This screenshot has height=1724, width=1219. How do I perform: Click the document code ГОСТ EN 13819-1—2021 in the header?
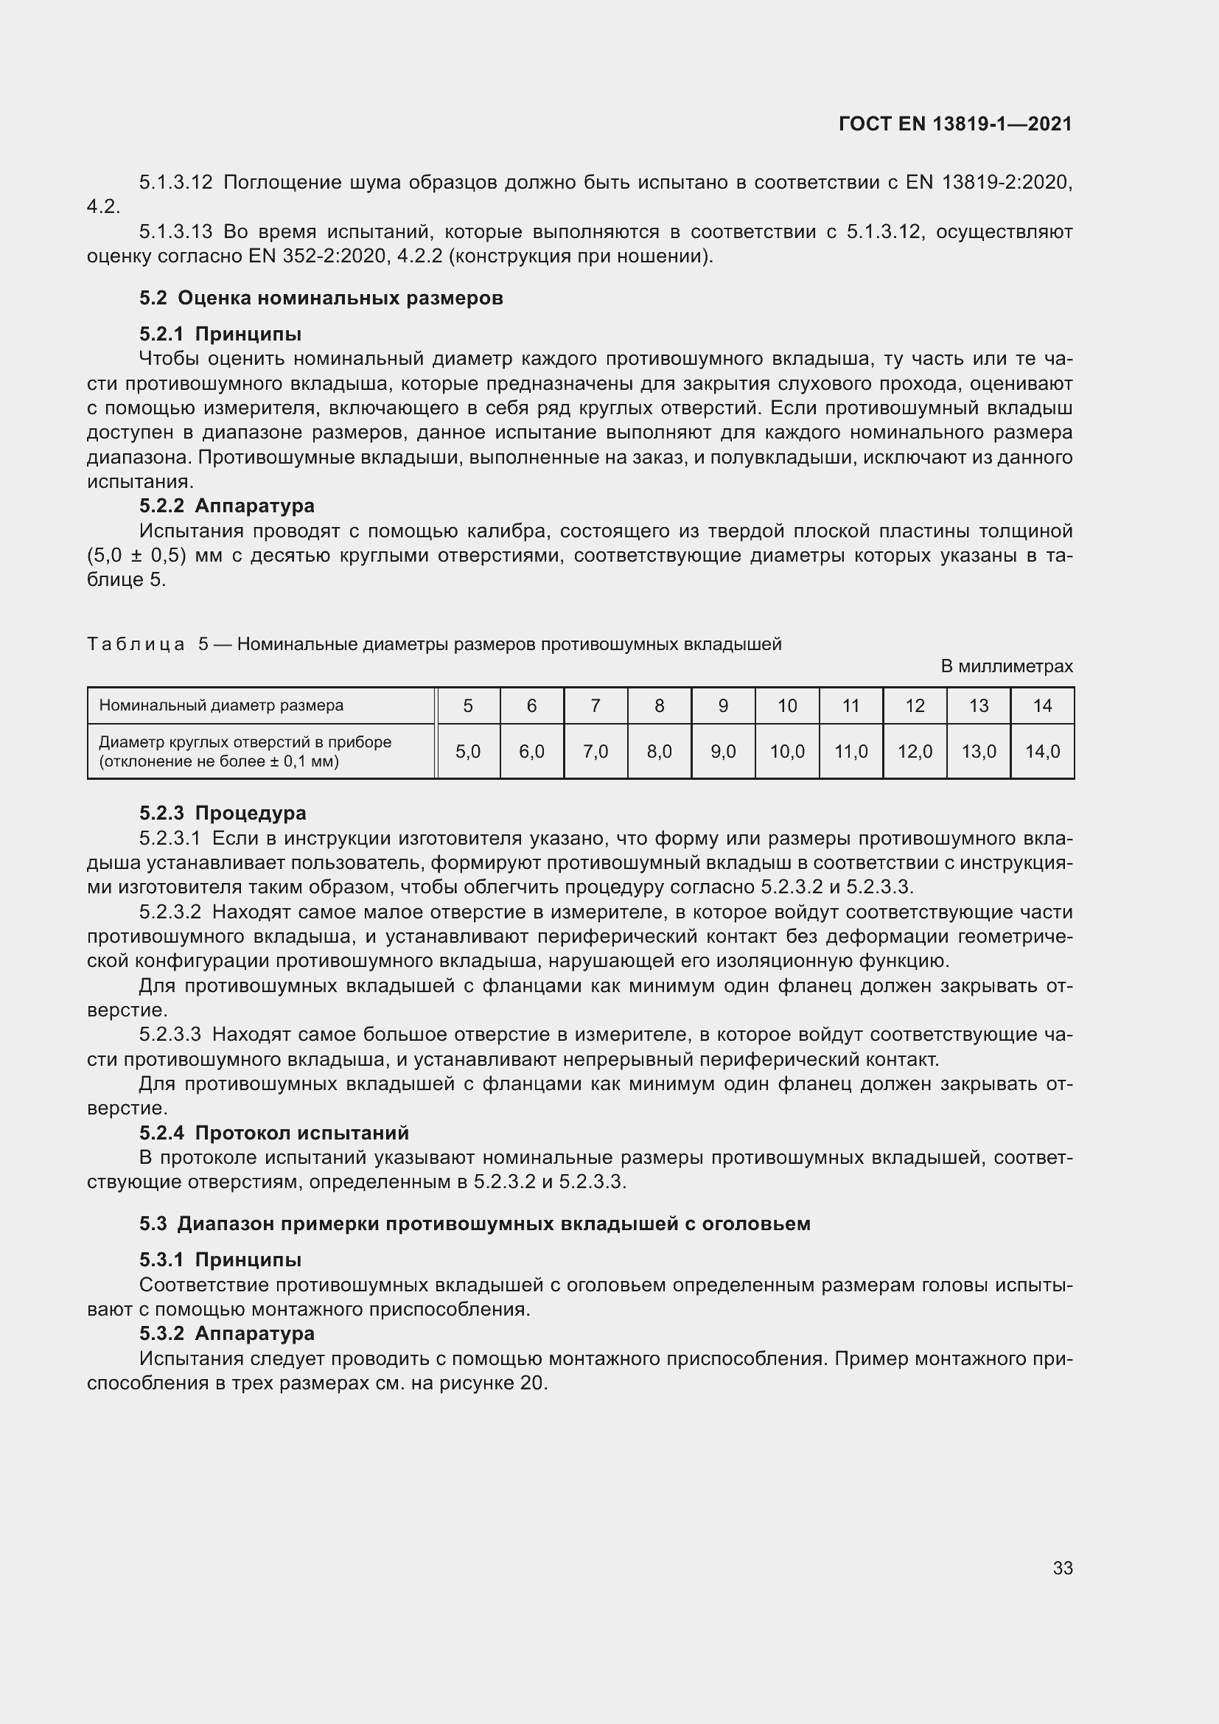pyautogui.click(x=954, y=124)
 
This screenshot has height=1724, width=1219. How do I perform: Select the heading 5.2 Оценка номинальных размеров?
pyautogui.click(x=321, y=298)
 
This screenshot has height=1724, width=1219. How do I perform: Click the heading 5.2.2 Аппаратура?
pyautogui.click(x=227, y=506)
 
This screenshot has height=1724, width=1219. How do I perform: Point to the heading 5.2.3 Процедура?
pyautogui.click(x=222, y=813)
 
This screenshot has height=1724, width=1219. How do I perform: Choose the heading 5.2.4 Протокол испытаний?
pyautogui.click(x=274, y=1133)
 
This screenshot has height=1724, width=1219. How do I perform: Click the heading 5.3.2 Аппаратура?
pyautogui.click(x=227, y=1333)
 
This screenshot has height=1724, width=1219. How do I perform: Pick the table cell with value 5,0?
pyautogui.click(x=468, y=752)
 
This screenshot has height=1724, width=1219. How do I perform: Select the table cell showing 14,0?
pyautogui.click(x=1042, y=752)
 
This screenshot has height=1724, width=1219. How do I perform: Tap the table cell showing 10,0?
pyautogui.click(x=786, y=752)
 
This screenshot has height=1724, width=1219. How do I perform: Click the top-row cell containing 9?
pyautogui.click(x=723, y=706)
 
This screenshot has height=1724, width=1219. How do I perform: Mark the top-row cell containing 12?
pyautogui.click(x=914, y=706)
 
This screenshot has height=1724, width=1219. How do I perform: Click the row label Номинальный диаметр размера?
pyautogui.click(x=220, y=706)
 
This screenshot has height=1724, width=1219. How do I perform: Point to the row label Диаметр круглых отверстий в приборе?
pyautogui.click(x=245, y=743)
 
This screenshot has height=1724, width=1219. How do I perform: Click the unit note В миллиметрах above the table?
pyautogui.click(x=1006, y=666)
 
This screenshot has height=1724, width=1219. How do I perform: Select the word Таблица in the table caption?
pyautogui.click(x=136, y=644)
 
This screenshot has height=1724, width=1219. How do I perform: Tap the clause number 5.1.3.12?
pyautogui.click(x=175, y=183)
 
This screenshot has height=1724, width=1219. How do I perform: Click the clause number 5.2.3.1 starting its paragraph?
pyautogui.click(x=170, y=838)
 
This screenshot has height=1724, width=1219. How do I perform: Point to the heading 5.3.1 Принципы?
pyautogui.click(x=220, y=1259)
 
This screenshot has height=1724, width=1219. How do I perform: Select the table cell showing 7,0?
pyautogui.click(x=595, y=752)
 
